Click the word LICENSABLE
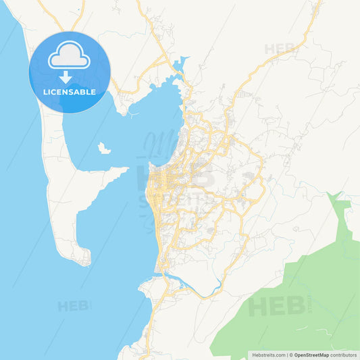click(70, 92)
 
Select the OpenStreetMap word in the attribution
click(312, 355)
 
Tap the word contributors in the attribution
click(344, 355)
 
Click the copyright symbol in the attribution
click(291, 355)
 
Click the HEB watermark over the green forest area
click(277, 306)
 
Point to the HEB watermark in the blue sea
click(74, 306)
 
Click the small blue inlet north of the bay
click(179, 67)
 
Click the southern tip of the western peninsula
click(84, 260)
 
